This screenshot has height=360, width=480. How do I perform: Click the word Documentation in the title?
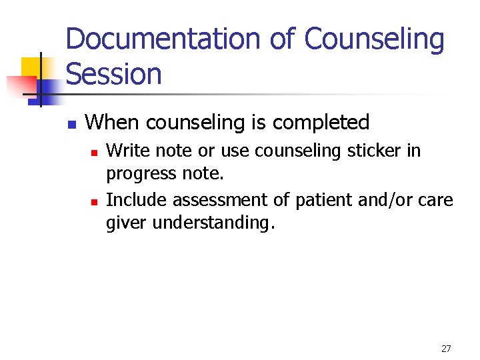click(166, 40)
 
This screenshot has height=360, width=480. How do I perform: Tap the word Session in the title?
click(114, 74)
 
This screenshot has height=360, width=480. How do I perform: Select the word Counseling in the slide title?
click(375, 40)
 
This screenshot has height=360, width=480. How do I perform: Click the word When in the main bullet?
click(113, 123)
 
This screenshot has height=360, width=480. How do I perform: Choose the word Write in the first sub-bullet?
click(125, 151)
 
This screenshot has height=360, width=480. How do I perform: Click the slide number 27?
click(446, 348)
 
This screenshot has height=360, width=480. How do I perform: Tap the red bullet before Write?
click(94, 153)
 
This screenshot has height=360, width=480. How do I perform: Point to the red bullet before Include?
click(94, 200)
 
